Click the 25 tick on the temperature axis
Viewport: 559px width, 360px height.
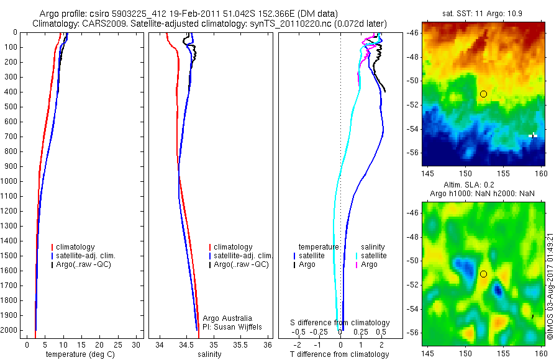pos(117,344)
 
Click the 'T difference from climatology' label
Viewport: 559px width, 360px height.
pos(339,354)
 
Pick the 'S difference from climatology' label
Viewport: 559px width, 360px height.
pos(340,323)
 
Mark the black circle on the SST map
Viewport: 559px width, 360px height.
pos(483,94)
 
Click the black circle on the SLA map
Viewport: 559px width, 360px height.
pos(483,274)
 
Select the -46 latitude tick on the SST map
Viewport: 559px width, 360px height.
pos(414,32)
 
